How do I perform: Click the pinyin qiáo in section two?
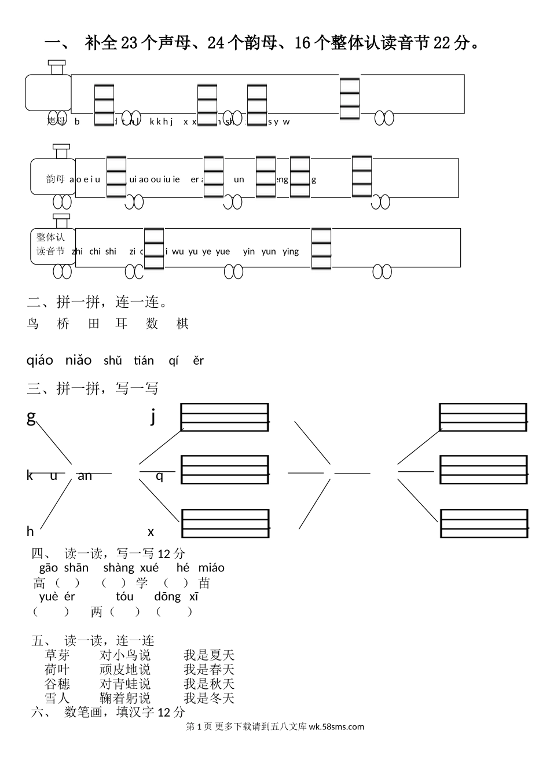pyautogui.click(x=40, y=361)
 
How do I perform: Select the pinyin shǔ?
pyautogui.click(x=113, y=361)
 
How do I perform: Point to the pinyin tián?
pyautogui.click(x=144, y=361)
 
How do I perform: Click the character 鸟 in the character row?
pyautogui.click(x=32, y=324)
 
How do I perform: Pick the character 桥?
pyautogui.click(x=63, y=324)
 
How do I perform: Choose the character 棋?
pyautogui.click(x=182, y=324)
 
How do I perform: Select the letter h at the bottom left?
pyautogui.click(x=30, y=531)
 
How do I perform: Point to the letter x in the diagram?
pyautogui.click(x=151, y=531)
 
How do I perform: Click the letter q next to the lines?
pyautogui.click(x=160, y=476)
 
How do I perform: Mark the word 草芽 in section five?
pyautogui.click(x=57, y=655)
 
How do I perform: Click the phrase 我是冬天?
pyautogui.click(x=209, y=698)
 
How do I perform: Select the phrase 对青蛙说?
pyautogui.click(x=125, y=684)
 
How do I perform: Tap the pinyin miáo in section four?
pyautogui.click(x=211, y=568)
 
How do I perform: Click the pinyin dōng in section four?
pyautogui.click(x=167, y=597)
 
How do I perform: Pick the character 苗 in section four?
pyautogui.click(x=204, y=583)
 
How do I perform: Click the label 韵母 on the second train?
pyautogui.click(x=56, y=179)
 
